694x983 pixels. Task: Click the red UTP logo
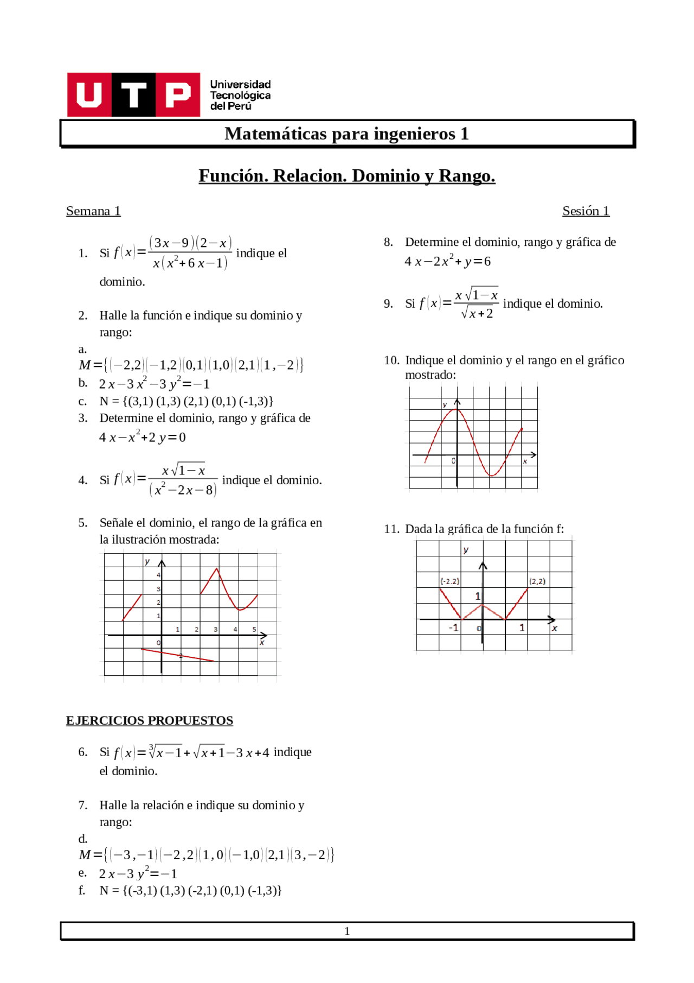click(133, 95)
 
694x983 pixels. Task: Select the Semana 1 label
click(93, 211)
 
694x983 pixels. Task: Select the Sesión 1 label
click(586, 211)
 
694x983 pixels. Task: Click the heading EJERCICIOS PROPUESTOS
click(150, 720)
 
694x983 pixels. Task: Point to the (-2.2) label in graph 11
click(449, 581)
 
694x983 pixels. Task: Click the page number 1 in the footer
click(347, 931)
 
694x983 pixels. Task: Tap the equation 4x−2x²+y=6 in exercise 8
click(448, 262)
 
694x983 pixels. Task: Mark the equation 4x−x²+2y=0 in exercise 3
click(142, 437)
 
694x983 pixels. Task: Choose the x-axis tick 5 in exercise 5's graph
click(254, 630)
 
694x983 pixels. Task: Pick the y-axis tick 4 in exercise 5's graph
click(159, 575)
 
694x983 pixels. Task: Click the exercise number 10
click(391, 360)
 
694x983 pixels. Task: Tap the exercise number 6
click(83, 752)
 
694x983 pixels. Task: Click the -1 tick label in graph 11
click(453, 628)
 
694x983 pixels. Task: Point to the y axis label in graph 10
click(445, 405)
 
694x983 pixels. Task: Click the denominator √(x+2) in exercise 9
click(477, 314)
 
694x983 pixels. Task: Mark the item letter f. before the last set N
click(82, 891)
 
